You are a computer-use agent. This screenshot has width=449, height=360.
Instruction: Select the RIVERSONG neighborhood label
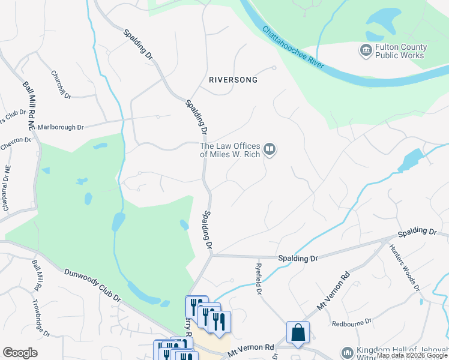click(x=233, y=80)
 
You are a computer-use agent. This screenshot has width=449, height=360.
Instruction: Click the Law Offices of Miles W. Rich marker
click(x=270, y=149)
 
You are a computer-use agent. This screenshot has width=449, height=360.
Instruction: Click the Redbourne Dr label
click(x=354, y=323)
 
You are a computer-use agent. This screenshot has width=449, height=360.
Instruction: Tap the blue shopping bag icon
click(x=298, y=332)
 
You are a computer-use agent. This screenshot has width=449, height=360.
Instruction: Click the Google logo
click(x=20, y=353)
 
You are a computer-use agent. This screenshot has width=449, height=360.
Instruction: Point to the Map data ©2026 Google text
click(x=412, y=355)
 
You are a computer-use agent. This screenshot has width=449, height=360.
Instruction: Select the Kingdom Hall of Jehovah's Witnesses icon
click(x=347, y=353)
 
